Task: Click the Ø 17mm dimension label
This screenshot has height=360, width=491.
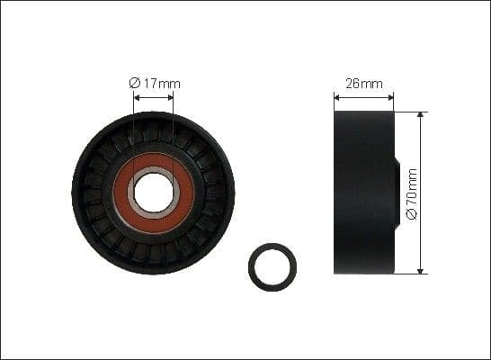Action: [155, 84]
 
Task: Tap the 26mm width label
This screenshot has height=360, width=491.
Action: [363, 84]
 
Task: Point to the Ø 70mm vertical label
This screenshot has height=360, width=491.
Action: [412, 193]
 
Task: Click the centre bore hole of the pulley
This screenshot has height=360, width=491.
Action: [152, 192]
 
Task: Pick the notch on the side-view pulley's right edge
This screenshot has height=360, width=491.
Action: [396, 193]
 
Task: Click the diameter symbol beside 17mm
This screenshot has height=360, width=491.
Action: [134, 84]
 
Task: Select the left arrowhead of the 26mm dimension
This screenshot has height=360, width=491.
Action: [337, 95]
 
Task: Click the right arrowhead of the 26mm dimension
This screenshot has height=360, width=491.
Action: [390, 95]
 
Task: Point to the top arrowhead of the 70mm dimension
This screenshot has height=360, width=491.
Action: [421, 116]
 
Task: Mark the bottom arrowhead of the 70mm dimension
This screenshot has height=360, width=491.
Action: [421, 269]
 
